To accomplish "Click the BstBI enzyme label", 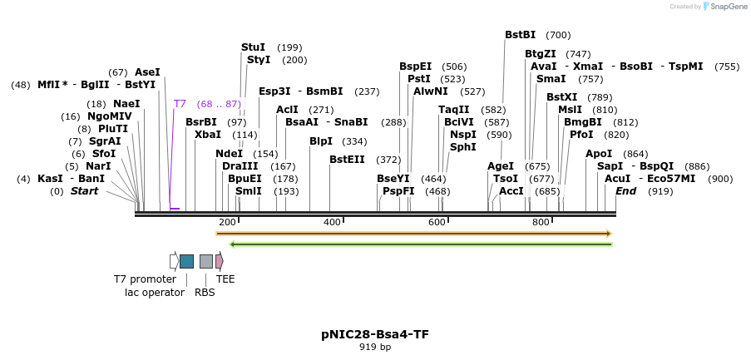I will pos(520,35).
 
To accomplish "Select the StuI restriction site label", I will pos(253,47).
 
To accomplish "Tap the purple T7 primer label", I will pos(180,104).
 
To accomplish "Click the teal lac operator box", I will pos(187,261).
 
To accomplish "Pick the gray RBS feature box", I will pos(206,261).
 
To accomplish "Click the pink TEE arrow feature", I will pos(220,261).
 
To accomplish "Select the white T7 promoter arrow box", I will pos(174,261).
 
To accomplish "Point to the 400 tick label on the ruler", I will pos(332,222).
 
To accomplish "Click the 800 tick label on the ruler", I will pos(541,222).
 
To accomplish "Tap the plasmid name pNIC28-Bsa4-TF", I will pos(375,334).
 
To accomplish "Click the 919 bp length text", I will pos(375,347).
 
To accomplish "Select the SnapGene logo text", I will pos(726,7).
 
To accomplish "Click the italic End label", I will pos(625,191).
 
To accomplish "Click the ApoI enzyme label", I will pos(598,154).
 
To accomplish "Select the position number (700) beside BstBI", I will pos(558,35).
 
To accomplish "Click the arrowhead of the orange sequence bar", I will pos(609,234).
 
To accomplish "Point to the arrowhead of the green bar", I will pos(234,244).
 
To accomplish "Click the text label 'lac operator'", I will pos(155,292).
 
